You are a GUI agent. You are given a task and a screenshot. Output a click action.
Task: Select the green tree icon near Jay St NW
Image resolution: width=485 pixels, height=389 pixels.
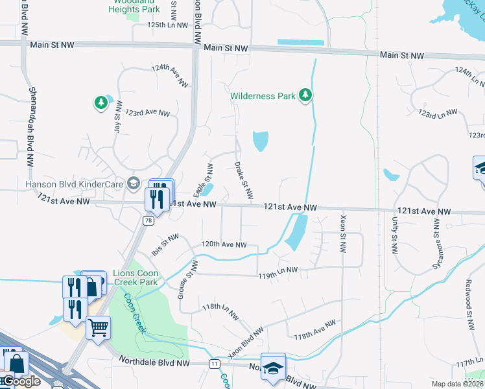click(101, 102)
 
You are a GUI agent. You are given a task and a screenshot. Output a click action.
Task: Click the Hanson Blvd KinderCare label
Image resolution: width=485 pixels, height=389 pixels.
click(74, 183)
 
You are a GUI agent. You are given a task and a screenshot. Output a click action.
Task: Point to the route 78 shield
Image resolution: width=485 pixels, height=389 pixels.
click(149, 220)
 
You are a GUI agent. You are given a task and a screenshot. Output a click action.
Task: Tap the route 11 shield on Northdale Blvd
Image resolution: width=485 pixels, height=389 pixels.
click(214, 364)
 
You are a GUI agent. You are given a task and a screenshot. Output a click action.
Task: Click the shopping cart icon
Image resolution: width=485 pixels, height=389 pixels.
click(99, 328)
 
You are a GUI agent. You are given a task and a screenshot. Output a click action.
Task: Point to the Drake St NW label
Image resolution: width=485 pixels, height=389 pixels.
click(242, 180)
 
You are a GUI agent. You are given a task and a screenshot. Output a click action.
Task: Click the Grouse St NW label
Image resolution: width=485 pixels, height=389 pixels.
click(187, 279)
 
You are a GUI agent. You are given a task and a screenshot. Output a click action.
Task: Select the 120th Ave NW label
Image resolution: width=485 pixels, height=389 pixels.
click(224, 245)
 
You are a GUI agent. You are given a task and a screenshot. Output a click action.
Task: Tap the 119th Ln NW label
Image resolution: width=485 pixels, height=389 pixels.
click(274, 270)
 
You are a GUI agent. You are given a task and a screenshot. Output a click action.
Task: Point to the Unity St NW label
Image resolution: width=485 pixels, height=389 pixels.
click(394, 234)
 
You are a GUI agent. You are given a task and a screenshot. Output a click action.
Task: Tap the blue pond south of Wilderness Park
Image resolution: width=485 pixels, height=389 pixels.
click(260, 141)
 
